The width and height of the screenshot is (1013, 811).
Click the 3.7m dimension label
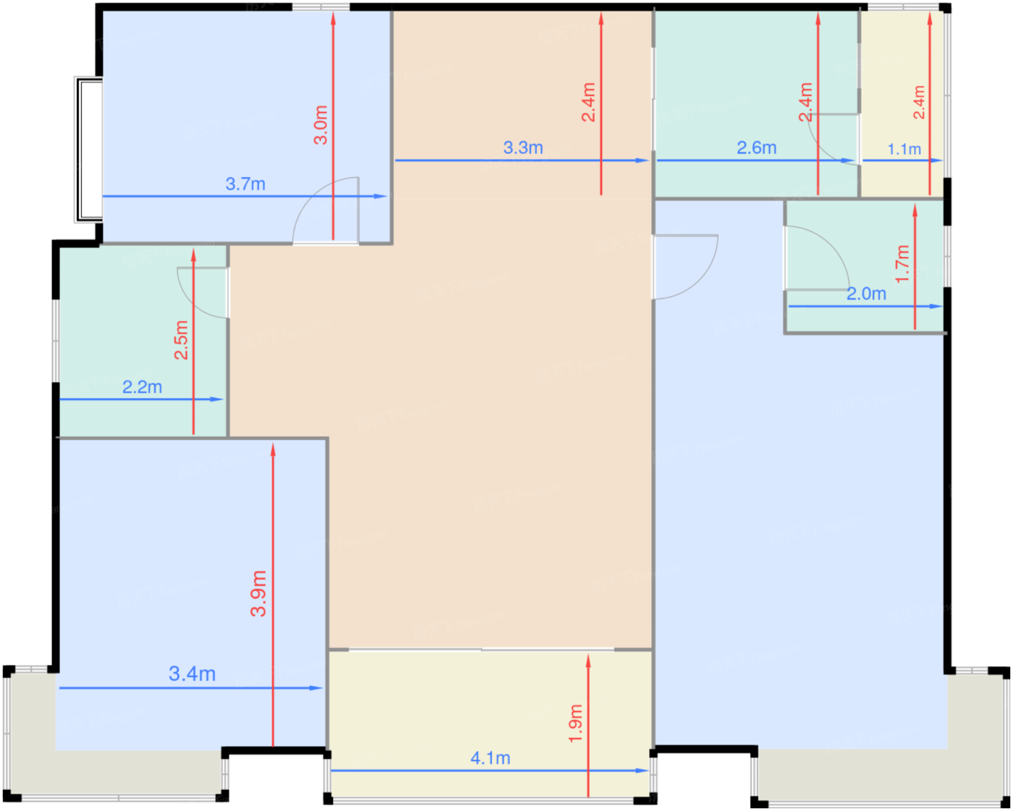[x=245, y=184]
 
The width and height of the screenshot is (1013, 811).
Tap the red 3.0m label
[x=321, y=124]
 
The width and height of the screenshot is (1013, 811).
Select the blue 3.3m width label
[x=523, y=148]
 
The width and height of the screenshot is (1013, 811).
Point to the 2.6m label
[x=756, y=148]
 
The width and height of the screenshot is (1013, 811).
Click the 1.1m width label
[x=904, y=149]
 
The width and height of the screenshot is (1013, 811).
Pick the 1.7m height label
[x=902, y=264]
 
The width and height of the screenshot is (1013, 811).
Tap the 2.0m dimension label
[x=867, y=294]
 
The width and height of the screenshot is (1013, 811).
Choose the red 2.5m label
[x=181, y=340]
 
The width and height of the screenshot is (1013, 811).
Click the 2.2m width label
[x=142, y=387]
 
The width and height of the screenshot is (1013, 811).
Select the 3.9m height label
[x=258, y=593]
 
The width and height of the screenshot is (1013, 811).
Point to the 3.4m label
[x=192, y=674]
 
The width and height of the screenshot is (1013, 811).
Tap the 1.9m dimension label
[x=576, y=723]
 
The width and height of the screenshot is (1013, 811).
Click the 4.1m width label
[x=491, y=758]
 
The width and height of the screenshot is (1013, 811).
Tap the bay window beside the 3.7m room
[x=89, y=150]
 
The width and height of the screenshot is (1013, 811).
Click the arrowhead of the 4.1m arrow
[x=642, y=771]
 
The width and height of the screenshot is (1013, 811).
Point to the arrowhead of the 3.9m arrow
[x=273, y=449]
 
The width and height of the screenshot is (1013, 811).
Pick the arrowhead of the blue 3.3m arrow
[x=642, y=161]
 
